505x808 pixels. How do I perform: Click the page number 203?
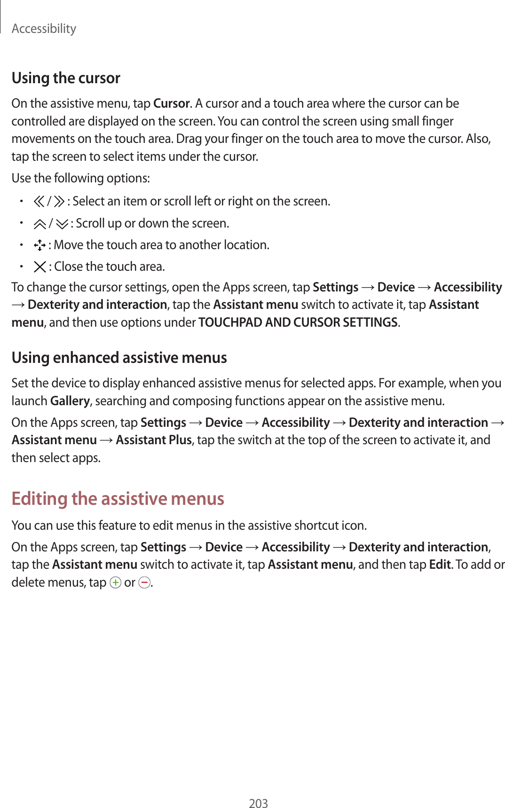258,803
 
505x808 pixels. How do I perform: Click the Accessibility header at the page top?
44,29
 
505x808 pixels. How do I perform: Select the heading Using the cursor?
66,78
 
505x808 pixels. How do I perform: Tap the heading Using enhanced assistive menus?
119,358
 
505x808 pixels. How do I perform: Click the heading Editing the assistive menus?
118,498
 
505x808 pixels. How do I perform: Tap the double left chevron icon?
39,202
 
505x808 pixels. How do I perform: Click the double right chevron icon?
59,202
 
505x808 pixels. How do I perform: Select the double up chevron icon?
40,224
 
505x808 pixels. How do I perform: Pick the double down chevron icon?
62,224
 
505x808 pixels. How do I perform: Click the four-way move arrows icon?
39,245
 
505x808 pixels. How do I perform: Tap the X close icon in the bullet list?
40,267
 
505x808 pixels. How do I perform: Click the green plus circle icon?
115,583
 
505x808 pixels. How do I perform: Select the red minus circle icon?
144,583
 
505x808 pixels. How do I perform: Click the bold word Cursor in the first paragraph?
172,103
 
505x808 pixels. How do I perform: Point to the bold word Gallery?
70,401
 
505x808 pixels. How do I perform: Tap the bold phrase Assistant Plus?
154,440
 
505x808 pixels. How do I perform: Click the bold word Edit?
440,565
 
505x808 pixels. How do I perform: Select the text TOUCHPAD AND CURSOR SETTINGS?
298,322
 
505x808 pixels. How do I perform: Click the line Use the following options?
81,178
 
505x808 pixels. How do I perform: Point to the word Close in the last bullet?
69,267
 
